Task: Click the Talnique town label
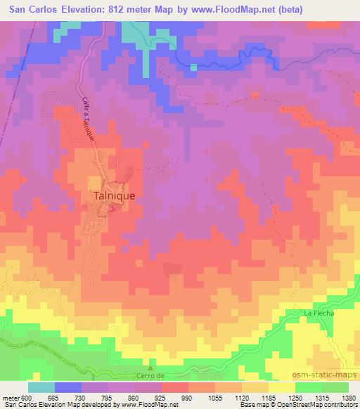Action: click(114, 197)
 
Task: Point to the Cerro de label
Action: click(149, 376)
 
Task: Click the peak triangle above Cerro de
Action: click(149, 367)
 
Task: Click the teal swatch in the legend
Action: click(41, 387)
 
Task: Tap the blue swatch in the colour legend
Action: click(69, 387)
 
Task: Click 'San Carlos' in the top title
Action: click(29, 8)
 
